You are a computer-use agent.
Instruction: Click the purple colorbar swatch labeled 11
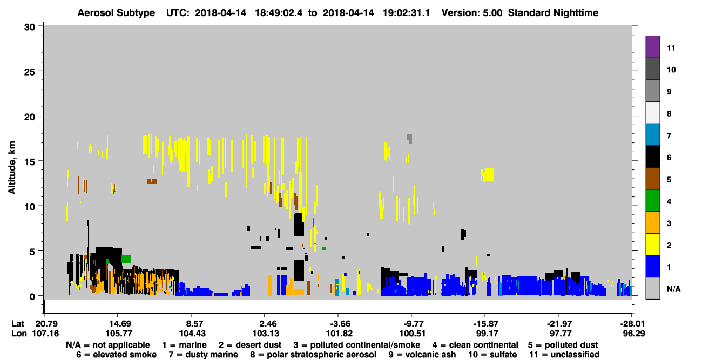[x=652, y=47]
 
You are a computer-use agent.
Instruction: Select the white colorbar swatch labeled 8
[x=652, y=113]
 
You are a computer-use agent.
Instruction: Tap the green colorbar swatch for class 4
[x=652, y=201]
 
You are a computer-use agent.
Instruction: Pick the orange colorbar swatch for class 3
[x=652, y=222]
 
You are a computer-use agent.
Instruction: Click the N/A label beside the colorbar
[x=673, y=289]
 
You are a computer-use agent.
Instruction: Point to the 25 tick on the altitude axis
[x=30, y=72]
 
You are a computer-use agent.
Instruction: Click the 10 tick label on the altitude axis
[x=30, y=207]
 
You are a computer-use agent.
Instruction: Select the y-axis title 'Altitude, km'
[x=11, y=168]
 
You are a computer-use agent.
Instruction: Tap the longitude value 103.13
[x=266, y=334]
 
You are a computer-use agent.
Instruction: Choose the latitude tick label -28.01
[x=632, y=324]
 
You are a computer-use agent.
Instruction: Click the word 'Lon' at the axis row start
[x=19, y=334]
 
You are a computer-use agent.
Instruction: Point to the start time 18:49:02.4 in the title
[x=279, y=13]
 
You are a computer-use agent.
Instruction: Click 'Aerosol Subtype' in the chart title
[x=116, y=13]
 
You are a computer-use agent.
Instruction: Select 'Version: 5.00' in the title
[x=472, y=13]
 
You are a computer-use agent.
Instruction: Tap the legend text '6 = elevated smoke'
[x=116, y=355]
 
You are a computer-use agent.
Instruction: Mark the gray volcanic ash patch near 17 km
[x=410, y=138]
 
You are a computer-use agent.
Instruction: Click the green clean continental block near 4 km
[x=126, y=259]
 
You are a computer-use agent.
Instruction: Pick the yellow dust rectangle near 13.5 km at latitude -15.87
[x=488, y=174]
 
